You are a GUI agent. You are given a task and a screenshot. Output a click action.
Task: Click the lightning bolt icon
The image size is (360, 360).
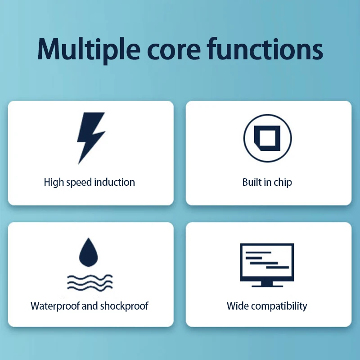pos(90,137)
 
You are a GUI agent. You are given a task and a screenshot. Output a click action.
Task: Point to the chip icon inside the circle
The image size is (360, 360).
pos(267,137)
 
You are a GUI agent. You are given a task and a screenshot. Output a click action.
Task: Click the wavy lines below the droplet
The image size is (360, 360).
pos(90,283)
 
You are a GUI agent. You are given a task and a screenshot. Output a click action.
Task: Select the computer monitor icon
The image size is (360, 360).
pos(267,265)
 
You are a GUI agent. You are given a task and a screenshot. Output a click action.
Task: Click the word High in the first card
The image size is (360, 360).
pos(54,182)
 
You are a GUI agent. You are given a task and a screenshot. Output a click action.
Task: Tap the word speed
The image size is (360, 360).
pos(78,183)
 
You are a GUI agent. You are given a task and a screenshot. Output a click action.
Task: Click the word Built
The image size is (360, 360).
pos(252,182)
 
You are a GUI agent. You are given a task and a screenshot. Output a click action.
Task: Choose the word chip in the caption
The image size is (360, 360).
pos(283,183)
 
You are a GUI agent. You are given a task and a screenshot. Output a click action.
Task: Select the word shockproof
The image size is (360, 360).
pos(124,306)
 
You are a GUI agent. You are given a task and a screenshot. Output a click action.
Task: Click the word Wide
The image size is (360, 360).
pos(238,306)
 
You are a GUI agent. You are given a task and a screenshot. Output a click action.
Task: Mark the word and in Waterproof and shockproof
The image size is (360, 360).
pos(90,306)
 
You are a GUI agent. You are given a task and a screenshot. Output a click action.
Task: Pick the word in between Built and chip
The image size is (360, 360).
pos(268,182)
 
